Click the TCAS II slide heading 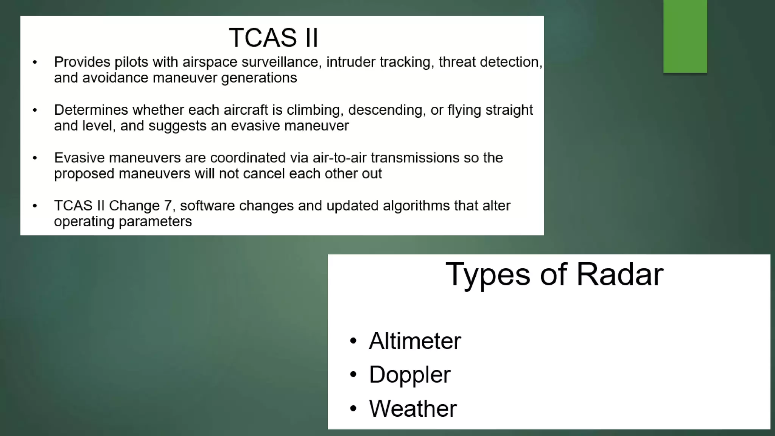click(273, 37)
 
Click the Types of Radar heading click(554, 274)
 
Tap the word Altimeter click(415, 341)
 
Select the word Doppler click(409, 374)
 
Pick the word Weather click(413, 408)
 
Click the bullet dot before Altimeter click(353, 341)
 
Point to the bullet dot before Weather click(353, 409)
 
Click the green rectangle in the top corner click(685, 36)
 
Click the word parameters click(155, 222)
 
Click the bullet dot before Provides click(35, 62)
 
